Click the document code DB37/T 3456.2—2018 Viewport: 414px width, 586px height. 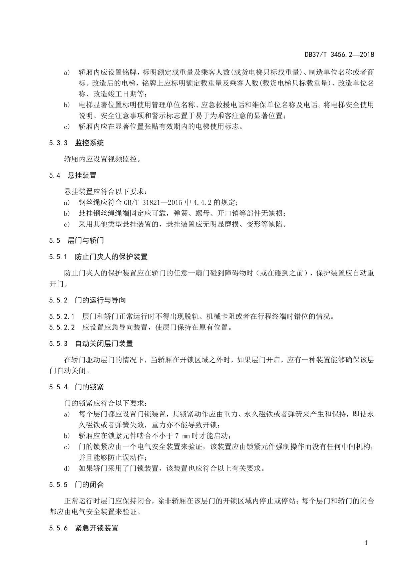339,54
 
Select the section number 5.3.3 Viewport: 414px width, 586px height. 58,143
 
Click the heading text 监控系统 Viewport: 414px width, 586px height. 89,143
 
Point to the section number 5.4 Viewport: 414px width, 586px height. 54,176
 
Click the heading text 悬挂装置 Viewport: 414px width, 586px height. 82,176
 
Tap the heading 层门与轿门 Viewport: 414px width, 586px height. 86,241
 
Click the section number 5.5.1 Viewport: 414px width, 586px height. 58,257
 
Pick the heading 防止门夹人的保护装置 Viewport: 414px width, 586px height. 111,257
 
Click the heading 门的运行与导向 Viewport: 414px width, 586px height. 100,300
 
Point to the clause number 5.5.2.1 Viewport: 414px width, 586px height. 62,316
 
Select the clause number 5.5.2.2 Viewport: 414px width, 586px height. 62,327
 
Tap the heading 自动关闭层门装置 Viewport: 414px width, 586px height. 104,344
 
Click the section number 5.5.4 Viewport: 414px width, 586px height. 58,387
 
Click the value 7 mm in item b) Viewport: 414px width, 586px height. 182,436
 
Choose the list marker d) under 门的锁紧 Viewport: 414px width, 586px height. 67,468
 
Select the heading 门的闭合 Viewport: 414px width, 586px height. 89,484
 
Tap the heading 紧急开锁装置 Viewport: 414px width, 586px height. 97,528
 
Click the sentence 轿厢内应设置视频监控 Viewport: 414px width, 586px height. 102,159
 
